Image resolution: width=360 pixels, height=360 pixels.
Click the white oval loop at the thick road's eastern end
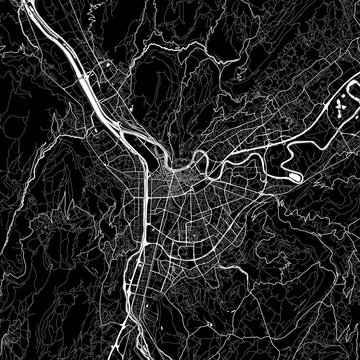[x=293, y=177]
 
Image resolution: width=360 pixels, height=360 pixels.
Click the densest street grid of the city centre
[x=180, y=200]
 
